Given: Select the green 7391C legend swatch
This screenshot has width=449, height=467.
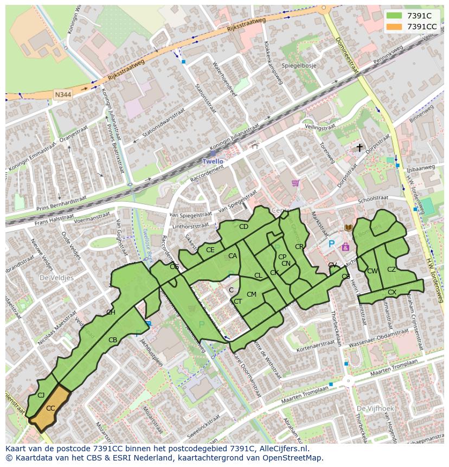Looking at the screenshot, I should (x=395, y=16).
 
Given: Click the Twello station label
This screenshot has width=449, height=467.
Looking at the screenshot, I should (x=213, y=161).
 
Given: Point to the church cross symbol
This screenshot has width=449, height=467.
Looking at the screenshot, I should (x=359, y=148).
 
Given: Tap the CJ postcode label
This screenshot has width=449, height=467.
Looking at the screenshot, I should (x=41, y=395).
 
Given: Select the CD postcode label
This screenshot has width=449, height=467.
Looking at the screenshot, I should (x=243, y=227).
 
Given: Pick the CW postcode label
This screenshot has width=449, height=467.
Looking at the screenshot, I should (x=372, y=271).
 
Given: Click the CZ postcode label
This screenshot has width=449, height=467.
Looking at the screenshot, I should (x=392, y=269).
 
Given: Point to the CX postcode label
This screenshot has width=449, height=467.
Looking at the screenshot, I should (x=392, y=292).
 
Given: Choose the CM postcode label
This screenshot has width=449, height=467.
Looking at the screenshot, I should (x=251, y=295).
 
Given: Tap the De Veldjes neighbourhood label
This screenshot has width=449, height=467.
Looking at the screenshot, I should (x=56, y=277).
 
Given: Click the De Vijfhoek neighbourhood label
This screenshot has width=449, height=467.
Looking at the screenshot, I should (x=374, y=407).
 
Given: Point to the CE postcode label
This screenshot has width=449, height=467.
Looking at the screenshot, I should (x=210, y=250).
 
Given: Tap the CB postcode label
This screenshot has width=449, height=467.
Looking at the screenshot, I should (x=113, y=340).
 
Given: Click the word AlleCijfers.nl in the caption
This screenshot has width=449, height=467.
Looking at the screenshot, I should (x=283, y=449).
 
